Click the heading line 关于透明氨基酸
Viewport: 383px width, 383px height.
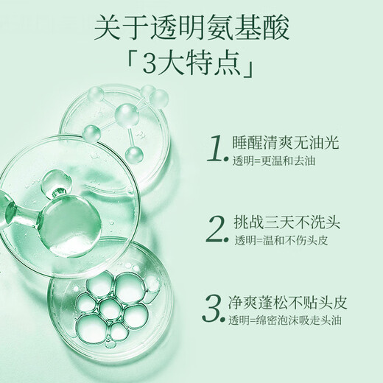(x=191, y=27)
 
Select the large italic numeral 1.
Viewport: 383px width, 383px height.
(x=214, y=148)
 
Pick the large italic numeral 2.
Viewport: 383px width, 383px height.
(x=215, y=230)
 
